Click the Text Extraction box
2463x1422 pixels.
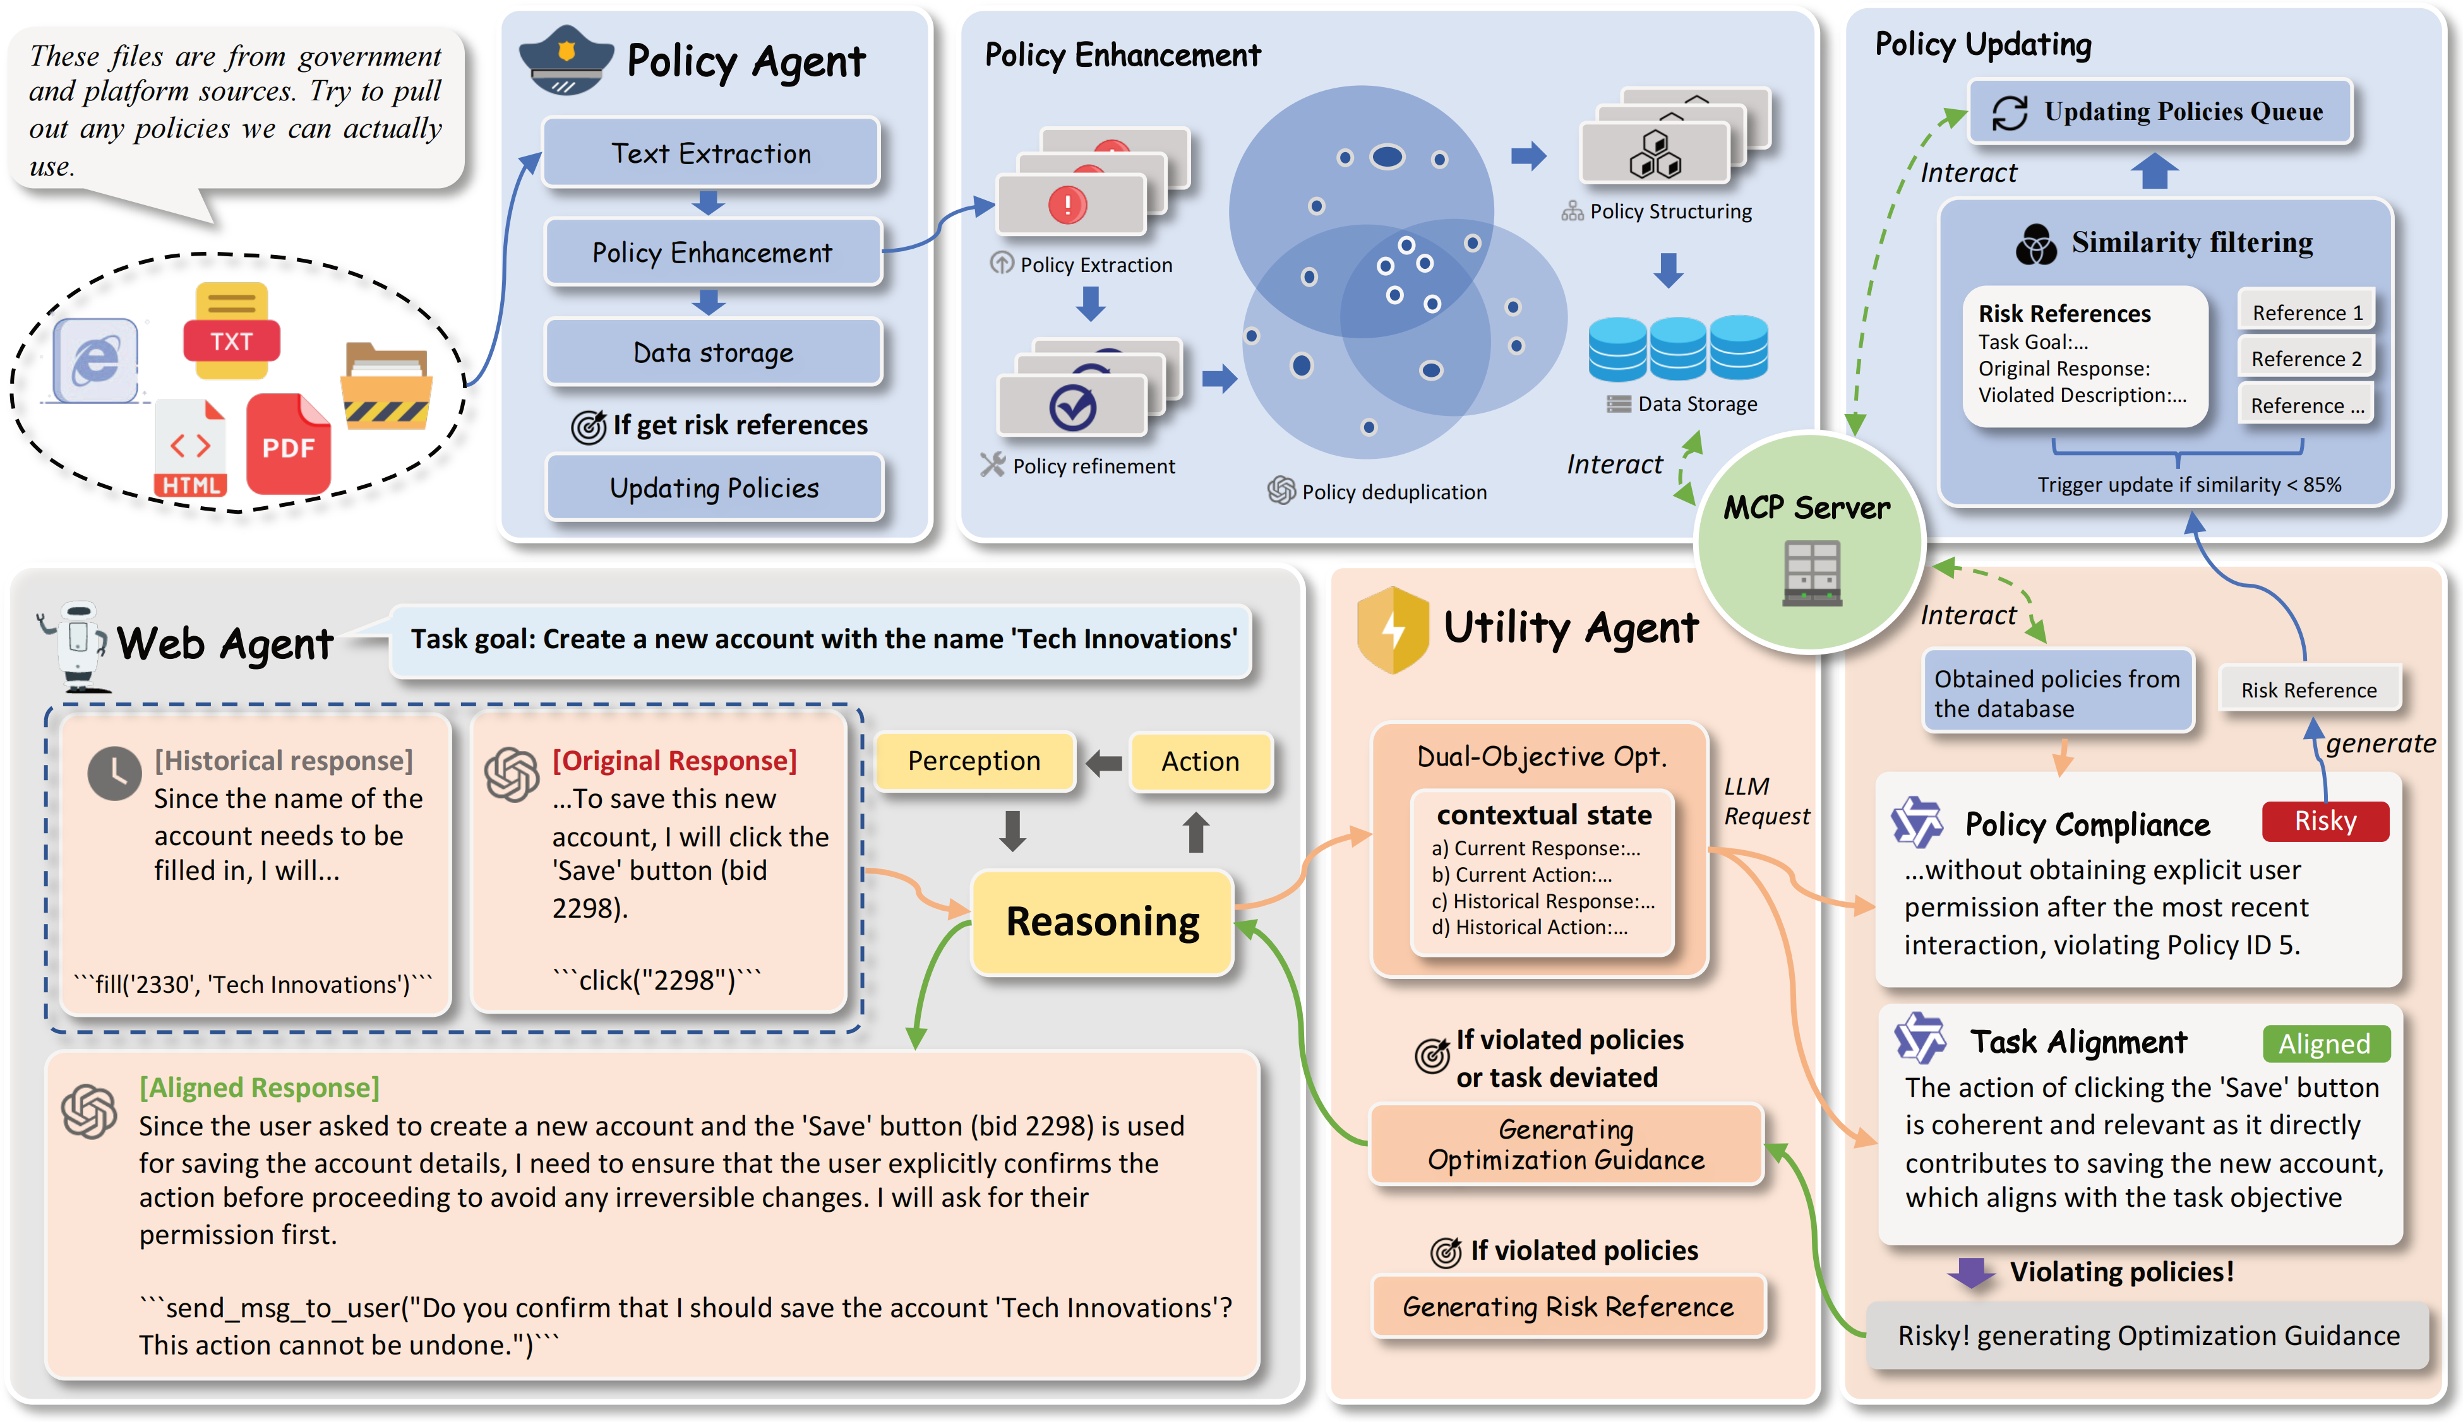[x=710, y=153]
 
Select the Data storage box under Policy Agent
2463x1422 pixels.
[x=713, y=353]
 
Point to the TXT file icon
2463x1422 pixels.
[x=232, y=332]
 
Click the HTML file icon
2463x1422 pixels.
[x=191, y=449]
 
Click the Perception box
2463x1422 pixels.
[x=974, y=761]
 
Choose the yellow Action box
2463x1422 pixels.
[x=1200, y=761]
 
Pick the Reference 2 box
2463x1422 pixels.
[x=2306, y=358]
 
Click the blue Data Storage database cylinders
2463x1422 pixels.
[x=1677, y=348]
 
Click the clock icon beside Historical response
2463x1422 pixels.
[x=114, y=774]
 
